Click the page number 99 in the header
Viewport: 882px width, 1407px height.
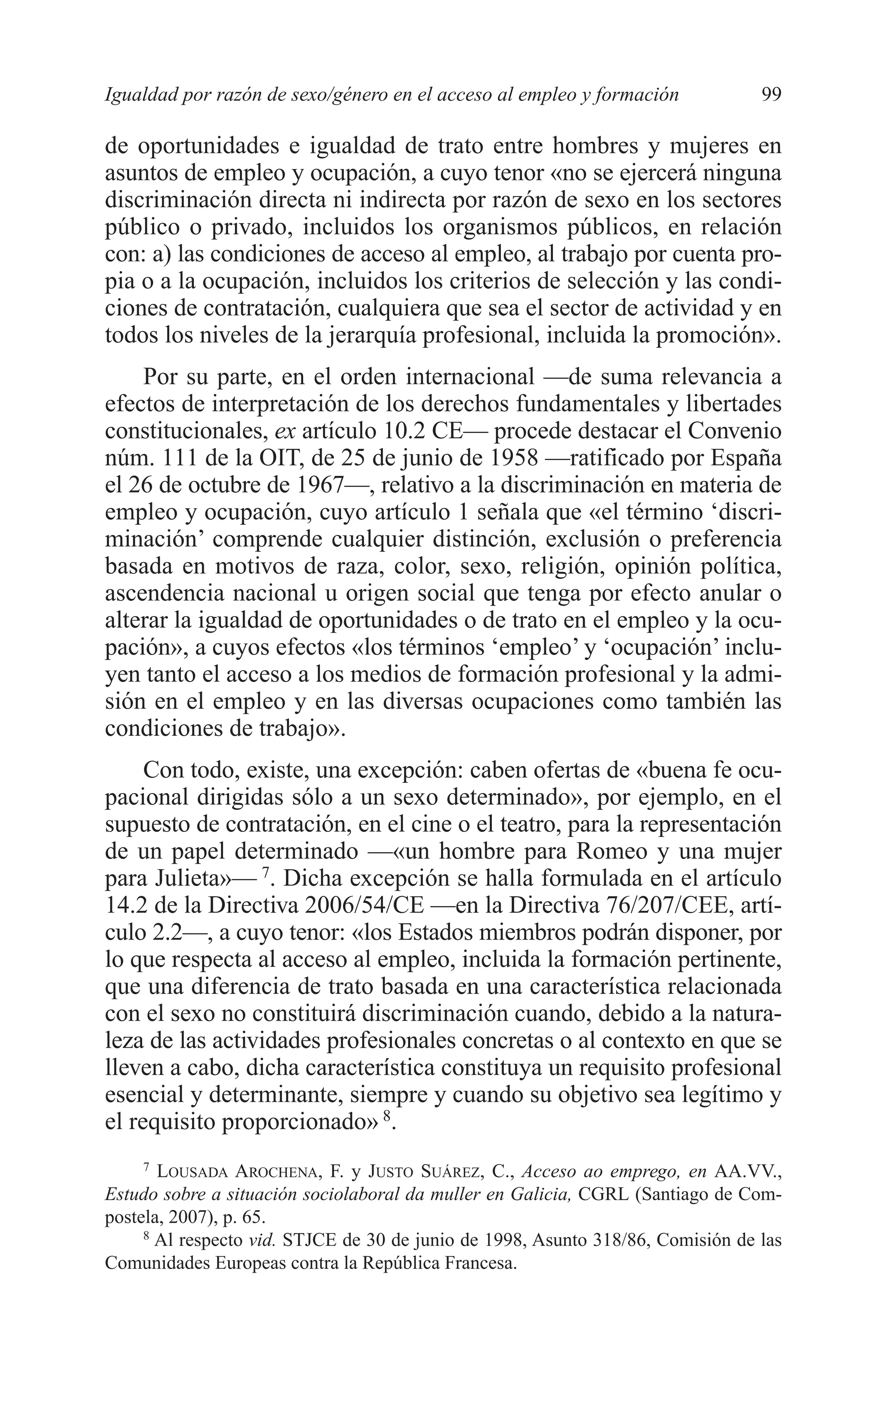(x=771, y=94)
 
